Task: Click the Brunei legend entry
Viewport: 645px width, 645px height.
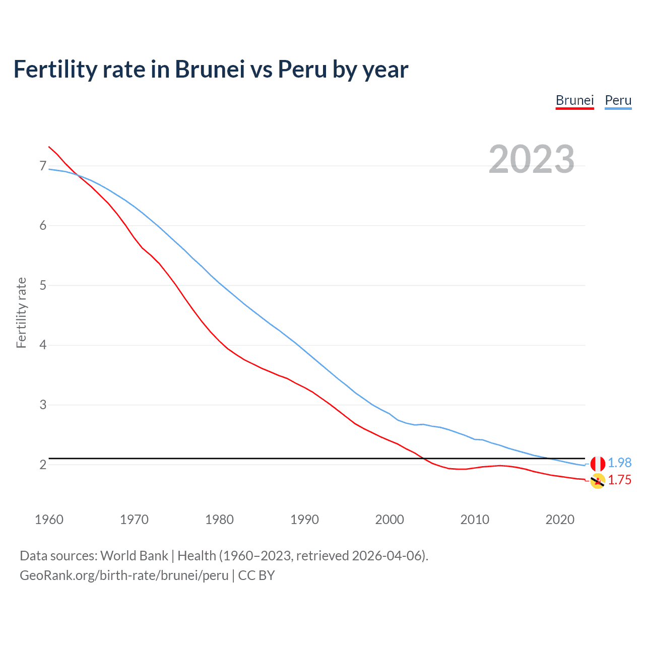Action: [574, 100]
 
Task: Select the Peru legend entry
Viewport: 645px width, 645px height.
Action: [618, 100]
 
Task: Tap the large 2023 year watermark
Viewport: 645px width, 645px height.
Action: [532, 159]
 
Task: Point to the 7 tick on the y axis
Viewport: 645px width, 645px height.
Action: [42, 166]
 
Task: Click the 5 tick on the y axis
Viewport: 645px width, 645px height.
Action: [42, 285]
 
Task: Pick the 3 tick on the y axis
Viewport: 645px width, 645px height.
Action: [42, 405]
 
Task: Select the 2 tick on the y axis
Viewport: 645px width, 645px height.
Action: [42, 465]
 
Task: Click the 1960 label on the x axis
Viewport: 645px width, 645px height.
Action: [49, 520]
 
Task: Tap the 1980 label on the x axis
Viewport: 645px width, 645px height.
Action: [219, 520]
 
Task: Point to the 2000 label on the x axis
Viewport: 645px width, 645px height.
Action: [390, 520]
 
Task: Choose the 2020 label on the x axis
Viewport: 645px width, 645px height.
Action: [560, 520]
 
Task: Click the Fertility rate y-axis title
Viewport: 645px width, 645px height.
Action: [21, 312]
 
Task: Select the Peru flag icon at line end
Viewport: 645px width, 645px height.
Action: [598, 463]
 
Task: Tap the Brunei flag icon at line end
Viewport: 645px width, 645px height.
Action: [598, 481]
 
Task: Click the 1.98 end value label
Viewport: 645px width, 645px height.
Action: [619, 463]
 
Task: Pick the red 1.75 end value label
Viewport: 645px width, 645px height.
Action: [619, 480]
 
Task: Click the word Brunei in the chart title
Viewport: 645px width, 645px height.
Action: [210, 69]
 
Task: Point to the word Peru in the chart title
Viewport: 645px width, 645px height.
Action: [302, 69]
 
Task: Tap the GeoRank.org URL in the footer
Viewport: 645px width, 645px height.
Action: [124, 575]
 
